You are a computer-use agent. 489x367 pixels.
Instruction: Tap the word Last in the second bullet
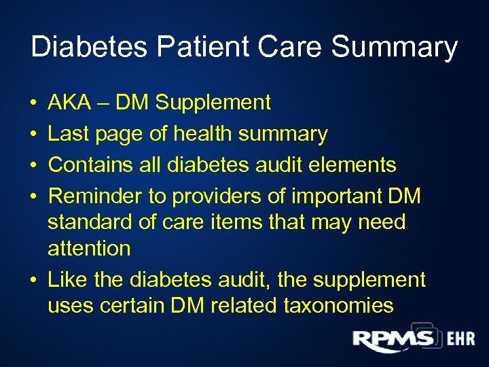(x=71, y=134)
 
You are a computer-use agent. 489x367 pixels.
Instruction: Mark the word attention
(x=89, y=248)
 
